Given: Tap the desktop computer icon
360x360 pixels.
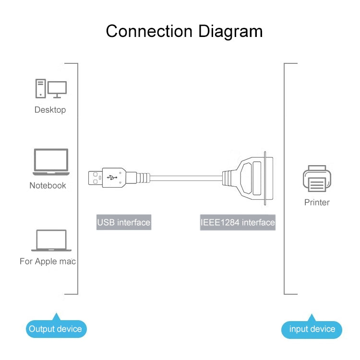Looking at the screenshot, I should (x=50, y=89).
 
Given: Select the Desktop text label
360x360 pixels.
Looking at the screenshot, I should (x=50, y=110).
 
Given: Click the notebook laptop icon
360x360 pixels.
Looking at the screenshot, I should (x=50, y=162).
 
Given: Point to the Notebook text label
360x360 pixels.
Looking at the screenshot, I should (x=48, y=185).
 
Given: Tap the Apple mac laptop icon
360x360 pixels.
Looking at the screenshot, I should (x=51, y=240).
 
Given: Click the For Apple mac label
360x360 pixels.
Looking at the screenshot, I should (x=48, y=262).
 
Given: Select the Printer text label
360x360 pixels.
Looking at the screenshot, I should (x=317, y=202).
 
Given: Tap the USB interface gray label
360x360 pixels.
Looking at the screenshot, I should (x=124, y=222).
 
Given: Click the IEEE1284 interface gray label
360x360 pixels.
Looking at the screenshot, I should (x=238, y=222).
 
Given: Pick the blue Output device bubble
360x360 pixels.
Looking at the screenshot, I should (x=56, y=329).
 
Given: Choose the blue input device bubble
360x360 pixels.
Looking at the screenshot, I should (x=312, y=329).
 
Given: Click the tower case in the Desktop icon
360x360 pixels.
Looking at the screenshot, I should (x=40, y=89).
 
